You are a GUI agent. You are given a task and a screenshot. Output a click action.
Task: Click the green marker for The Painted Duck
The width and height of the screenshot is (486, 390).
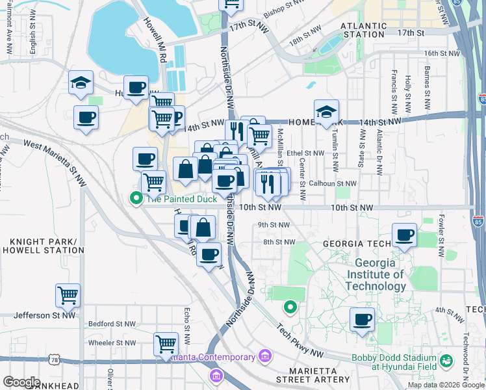point(136,198)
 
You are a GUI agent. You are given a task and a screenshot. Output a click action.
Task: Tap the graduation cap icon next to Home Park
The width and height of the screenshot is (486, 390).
point(326,111)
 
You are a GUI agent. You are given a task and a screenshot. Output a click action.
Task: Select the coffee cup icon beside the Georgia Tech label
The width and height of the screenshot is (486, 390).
point(404,235)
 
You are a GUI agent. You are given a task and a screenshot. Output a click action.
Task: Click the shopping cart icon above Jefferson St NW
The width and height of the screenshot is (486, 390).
point(68,296)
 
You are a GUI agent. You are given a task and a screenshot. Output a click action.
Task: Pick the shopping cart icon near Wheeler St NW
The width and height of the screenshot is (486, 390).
point(166,343)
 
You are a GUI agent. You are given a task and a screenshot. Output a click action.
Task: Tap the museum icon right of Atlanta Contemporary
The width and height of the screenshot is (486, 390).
point(264,356)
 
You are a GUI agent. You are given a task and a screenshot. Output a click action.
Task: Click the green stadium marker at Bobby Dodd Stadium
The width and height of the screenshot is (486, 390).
point(446,359)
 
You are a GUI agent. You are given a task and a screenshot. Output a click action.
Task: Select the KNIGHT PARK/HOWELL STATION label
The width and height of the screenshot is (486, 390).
point(43,246)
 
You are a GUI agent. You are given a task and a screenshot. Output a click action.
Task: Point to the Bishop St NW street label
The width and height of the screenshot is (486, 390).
point(284,8)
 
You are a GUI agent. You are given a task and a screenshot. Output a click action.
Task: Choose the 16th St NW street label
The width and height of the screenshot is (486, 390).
point(441,53)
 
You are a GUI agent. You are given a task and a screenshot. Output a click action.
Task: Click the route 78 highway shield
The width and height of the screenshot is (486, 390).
point(54,359)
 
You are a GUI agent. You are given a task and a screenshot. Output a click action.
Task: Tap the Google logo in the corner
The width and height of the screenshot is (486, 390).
point(21,382)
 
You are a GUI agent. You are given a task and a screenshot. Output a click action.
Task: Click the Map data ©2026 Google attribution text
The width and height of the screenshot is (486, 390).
point(446,385)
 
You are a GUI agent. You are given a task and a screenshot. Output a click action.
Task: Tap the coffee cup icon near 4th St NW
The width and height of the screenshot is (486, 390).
point(362,320)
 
